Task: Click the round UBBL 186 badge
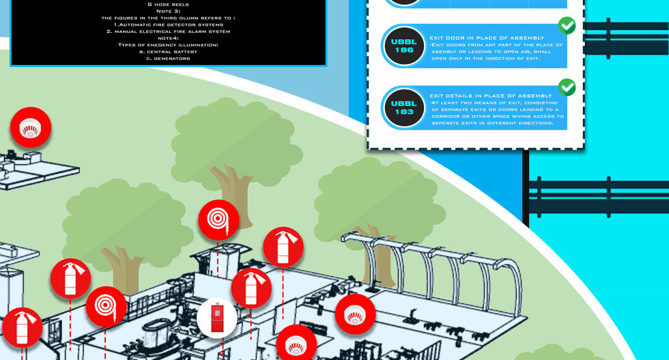(x=404, y=46)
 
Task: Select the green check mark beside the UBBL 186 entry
(x=567, y=26)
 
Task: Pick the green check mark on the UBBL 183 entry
(x=567, y=87)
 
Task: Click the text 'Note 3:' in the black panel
(x=168, y=10)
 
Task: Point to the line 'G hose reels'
(x=168, y=4)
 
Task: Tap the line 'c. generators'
(x=168, y=58)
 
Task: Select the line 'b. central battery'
(x=168, y=51)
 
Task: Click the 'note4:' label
(x=168, y=38)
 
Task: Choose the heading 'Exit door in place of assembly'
(x=487, y=38)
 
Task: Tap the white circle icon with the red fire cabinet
(x=217, y=318)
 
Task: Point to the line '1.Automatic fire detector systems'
(x=168, y=24)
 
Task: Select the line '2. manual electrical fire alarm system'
(x=168, y=31)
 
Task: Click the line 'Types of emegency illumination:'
(x=168, y=44)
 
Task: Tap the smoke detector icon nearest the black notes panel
(x=31, y=128)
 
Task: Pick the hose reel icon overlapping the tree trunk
(x=218, y=220)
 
